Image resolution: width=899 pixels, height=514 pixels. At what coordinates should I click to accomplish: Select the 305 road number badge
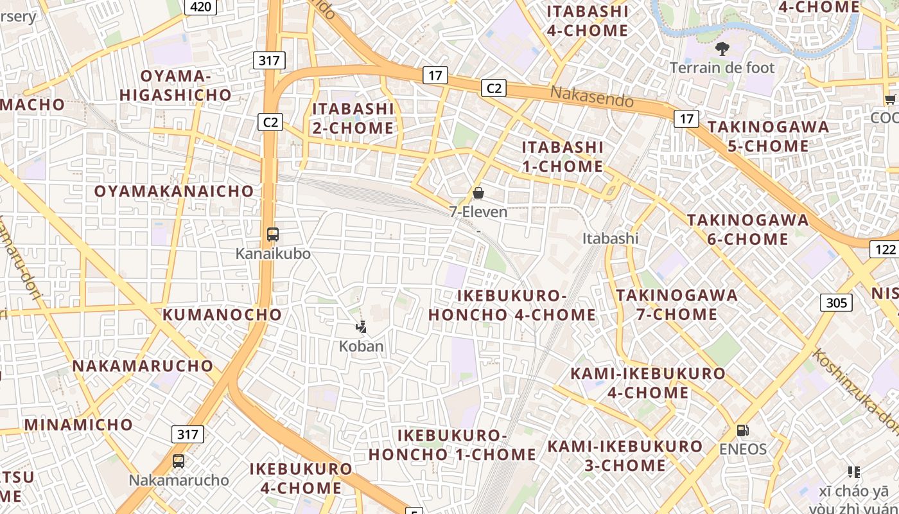[836, 302]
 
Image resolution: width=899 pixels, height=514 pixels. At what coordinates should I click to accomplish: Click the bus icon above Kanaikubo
[273, 235]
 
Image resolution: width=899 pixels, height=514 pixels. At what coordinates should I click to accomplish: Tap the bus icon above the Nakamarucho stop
[179, 461]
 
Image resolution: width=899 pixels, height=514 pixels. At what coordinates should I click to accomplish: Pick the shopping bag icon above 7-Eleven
[478, 192]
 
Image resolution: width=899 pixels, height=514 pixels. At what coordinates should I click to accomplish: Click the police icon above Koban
[362, 327]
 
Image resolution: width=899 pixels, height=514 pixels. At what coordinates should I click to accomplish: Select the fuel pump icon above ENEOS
[742, 430]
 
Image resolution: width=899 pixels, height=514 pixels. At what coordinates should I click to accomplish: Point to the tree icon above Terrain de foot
[722, 48]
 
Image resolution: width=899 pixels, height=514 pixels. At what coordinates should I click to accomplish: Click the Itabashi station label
[610, 238]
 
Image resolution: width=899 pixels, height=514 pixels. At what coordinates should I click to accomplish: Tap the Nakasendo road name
[591, 97]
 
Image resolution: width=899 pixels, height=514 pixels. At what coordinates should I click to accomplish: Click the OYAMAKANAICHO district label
[174, 191]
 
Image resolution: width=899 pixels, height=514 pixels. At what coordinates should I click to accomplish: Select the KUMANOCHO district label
[222, 314]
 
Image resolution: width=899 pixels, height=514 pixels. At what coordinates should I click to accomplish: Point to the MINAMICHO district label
[78, 424]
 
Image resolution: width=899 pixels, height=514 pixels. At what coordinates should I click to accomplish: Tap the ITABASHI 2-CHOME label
[353, 118]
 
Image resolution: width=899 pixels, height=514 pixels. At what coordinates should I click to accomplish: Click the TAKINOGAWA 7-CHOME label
[677, 305]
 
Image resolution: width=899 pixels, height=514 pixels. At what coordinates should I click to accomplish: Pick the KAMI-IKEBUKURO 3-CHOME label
[625, 455]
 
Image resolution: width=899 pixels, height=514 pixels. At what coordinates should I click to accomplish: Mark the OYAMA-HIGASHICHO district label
[175, 85]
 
